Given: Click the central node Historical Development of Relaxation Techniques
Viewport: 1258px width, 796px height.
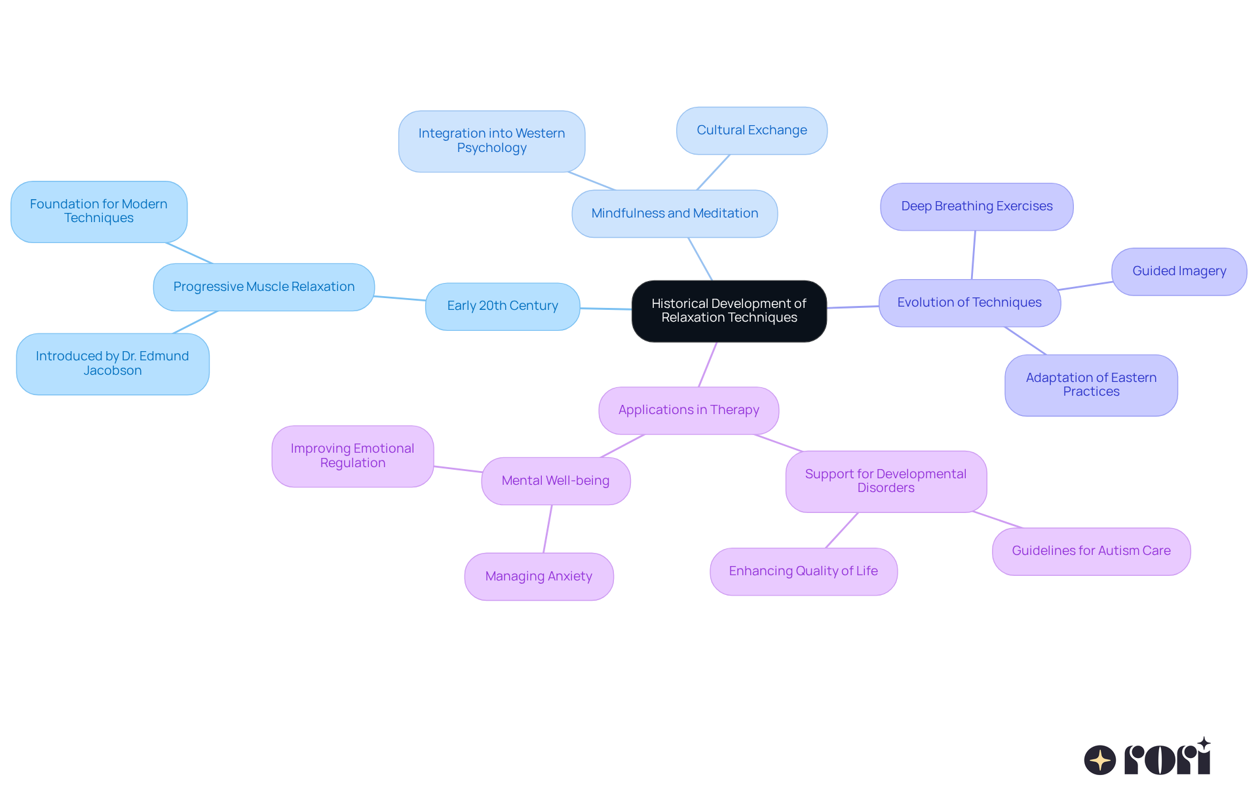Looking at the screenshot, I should [729, 311].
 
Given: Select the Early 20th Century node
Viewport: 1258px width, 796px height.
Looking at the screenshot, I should [503, 306].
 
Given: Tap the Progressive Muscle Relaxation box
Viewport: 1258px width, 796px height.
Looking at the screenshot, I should [263, 287].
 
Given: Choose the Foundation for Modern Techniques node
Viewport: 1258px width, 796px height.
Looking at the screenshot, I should [99, 212].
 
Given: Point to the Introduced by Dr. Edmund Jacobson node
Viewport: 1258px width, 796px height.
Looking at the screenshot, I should [113, 364].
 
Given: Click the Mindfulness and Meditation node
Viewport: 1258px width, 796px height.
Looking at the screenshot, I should [674, 214].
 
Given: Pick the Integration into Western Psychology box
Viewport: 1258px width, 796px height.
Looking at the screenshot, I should [491, 141].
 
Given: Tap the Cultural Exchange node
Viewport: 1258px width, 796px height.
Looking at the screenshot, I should [752, 130].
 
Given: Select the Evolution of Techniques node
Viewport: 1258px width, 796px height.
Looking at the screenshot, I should [969, 303].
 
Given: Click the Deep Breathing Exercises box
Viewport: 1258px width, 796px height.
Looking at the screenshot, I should [976, 206].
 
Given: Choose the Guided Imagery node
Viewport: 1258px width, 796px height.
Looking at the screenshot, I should [1179, 271].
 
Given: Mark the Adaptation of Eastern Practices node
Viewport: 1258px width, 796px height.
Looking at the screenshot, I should [1091, 385].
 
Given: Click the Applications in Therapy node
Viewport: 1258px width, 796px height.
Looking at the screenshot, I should [689, 410].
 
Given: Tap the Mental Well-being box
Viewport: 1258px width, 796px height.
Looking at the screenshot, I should [556, 481].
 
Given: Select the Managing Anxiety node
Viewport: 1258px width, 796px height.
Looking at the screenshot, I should [539, 577].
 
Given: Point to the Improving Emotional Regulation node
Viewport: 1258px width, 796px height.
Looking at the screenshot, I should [353, 456].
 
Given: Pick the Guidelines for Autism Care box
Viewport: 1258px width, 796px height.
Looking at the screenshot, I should [1091, 551].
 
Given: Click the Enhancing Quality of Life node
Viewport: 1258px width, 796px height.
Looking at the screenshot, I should [803, 571].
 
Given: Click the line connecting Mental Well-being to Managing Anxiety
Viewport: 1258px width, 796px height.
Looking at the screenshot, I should [548, 529].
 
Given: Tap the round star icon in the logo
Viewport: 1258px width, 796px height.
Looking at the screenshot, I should [1099, 760].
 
